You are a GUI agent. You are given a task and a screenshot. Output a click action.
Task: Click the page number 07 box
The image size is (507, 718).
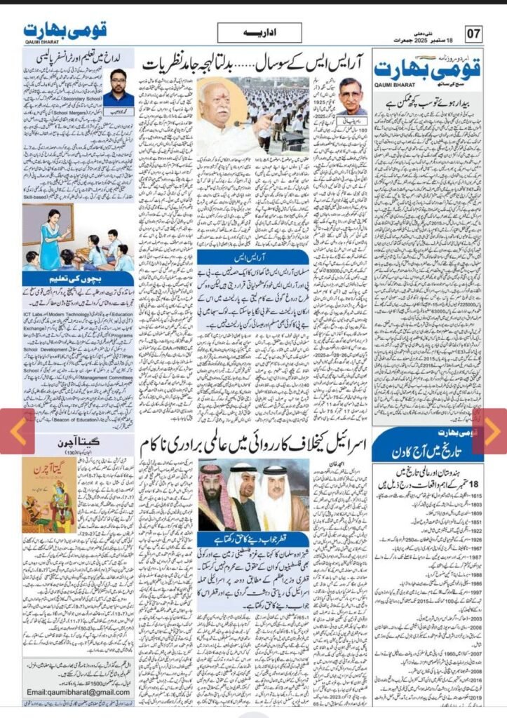tap(475, 33)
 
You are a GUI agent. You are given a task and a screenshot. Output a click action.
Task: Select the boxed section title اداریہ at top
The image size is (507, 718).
tap(259, 33)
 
